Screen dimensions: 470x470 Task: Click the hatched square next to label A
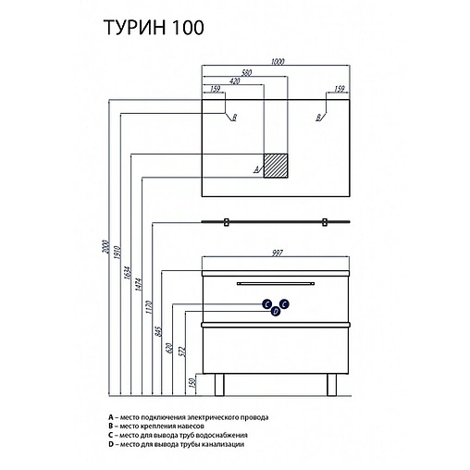pyautogui.click(x=278, y=165)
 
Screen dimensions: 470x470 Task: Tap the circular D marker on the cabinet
pyautogui.click(x=276, y=313)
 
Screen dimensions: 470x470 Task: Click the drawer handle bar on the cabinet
pyautogui.click(x=276, y=282)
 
